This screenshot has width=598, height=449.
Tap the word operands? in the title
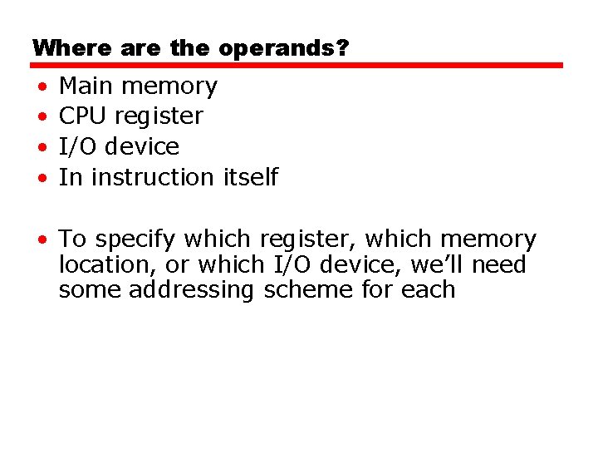coord(284,49)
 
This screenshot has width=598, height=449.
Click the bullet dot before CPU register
coord(41,117)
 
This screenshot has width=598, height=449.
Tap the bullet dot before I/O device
coord(41,148)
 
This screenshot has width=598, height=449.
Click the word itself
coord(251,177)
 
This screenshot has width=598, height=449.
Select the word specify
coord(135,240)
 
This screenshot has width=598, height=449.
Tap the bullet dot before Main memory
coord(41,87)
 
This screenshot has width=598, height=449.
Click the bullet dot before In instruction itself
coord(41,179)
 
